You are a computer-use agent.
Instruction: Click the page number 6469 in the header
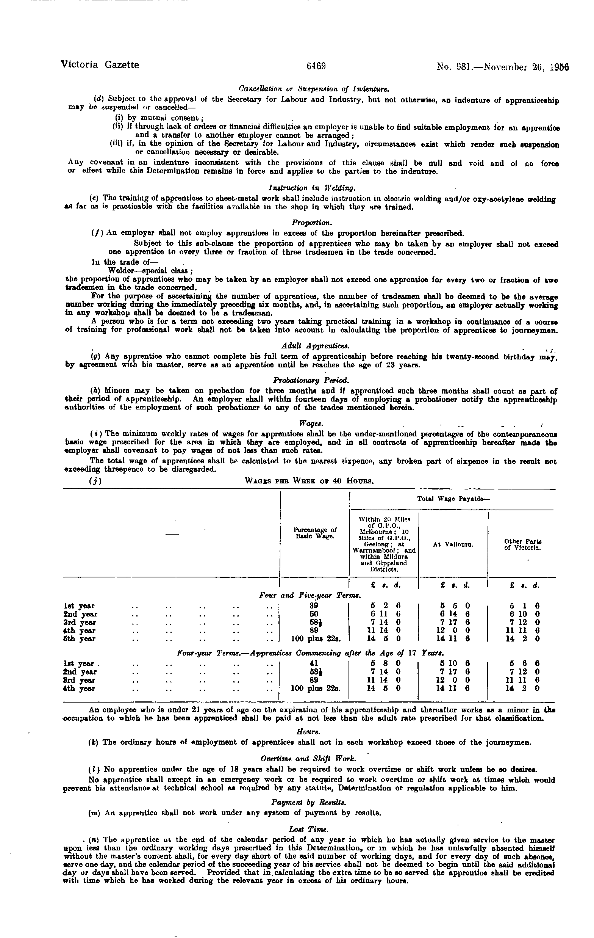pos(316,66)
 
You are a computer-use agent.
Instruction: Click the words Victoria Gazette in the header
pos(100,65)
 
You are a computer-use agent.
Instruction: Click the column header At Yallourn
pos(453,544)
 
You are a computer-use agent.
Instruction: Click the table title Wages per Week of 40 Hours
pos(310,481)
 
